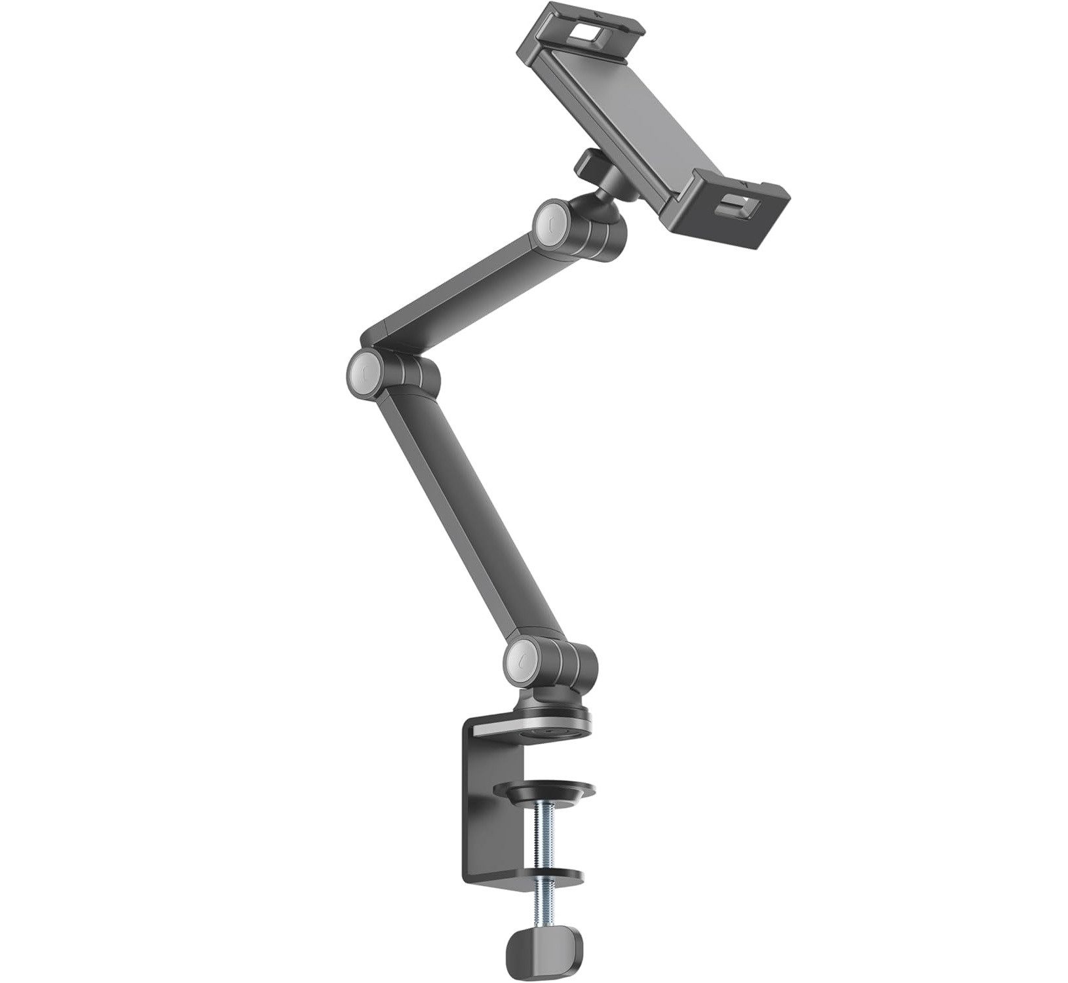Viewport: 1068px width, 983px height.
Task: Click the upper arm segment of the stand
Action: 459,288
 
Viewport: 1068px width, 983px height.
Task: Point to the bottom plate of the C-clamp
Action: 544,876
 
